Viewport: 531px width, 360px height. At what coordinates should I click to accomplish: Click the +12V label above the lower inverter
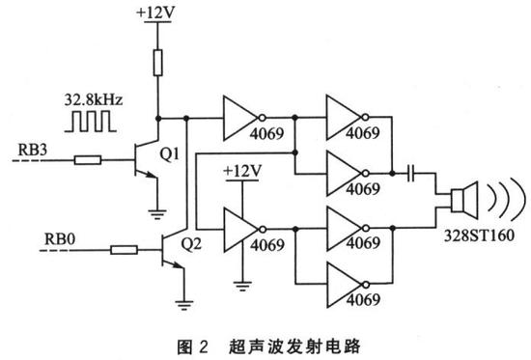click(239, 170)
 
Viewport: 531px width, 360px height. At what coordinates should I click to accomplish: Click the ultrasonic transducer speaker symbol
click(461, 202)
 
